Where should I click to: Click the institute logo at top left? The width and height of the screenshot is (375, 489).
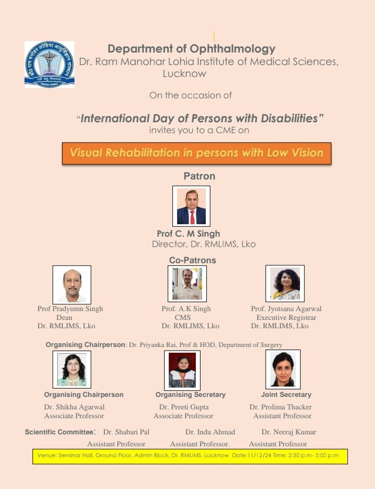pos(49,65)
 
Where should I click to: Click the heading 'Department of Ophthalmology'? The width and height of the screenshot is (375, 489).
pos(191,49)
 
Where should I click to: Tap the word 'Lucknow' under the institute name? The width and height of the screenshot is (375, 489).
pos(184,74)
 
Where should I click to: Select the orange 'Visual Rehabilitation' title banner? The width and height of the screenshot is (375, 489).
pos(196,153)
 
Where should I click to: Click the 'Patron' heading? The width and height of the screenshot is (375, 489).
pos(199,176)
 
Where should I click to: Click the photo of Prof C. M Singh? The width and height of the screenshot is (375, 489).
pos(191,206)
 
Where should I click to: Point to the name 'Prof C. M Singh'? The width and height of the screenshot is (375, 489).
pos(188,234)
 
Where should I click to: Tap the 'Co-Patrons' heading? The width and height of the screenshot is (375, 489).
pos(192,260)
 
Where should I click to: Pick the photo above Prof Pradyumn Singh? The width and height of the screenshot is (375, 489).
pos(72,285)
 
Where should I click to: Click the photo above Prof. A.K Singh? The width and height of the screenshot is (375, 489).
pos(187,284)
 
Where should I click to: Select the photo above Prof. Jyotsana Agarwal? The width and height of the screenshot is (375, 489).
pos(285,284)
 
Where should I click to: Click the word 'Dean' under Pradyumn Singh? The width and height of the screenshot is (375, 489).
pos(64,317)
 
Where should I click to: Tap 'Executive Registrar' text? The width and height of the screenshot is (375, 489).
pos(286,317)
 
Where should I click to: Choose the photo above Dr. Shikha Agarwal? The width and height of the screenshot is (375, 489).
pos(72,369)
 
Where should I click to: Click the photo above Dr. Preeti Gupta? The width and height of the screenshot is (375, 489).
pos(182,370)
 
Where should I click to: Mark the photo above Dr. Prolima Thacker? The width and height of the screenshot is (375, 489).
pos(283,369)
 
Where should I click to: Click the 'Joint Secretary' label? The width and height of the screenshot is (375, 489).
pos(286,395)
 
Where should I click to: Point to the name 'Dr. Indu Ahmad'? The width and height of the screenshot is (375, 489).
pos(210,432)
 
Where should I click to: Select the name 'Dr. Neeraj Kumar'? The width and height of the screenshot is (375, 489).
pos(289,432)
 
